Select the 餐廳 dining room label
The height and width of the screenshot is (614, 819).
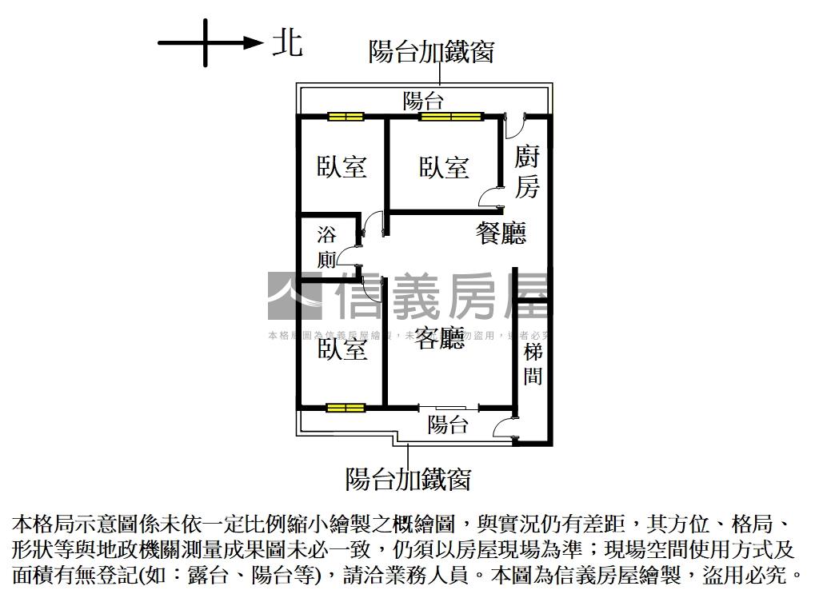[501, 233]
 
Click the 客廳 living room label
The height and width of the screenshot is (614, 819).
[440, 339]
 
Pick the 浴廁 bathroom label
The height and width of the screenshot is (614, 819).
[327, 247]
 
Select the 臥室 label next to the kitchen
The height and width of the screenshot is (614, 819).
[444, 167]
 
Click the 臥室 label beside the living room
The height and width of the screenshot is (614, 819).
[342, 349]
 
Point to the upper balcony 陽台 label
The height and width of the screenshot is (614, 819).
[423, 102]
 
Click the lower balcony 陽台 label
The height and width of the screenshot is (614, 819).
[448, 425]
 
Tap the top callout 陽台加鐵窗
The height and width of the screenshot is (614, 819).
[431, 52]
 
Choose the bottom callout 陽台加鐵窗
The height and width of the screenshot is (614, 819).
[408, 479]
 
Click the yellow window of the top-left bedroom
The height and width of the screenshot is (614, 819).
[346, 117]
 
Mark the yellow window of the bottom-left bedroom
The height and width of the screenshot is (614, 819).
[346, 408]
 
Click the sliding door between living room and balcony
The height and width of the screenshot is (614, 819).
[449, 408]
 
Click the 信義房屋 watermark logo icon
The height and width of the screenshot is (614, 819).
[294, 296]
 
